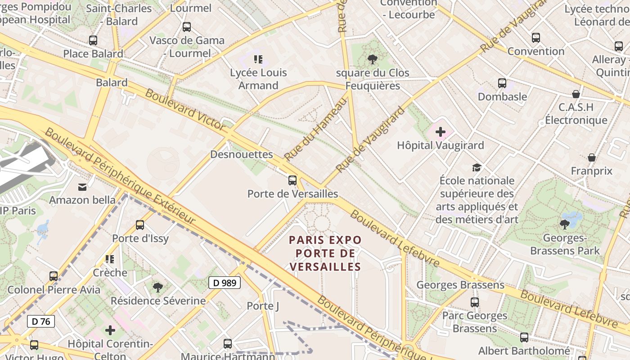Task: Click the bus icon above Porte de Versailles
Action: tap(292, 180)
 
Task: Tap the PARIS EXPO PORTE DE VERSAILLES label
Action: tap(325, 253)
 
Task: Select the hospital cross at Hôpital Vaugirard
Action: tap(441, 132)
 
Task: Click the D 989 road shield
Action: tap(225, 283)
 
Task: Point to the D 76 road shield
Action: tap(41, 321)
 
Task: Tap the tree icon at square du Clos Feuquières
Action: tap(372, 59)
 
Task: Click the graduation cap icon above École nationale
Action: tap(477, 168)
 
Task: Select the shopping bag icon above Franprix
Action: tap(592, 157)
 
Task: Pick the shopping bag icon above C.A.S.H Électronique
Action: tap(576, 94)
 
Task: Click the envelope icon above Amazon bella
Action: tap(82, 187)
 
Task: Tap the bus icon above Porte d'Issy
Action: tap(140, 225)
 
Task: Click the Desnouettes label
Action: tap(242, 154)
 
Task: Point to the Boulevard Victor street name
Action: tap(185, 110)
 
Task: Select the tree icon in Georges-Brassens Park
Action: tap(564, 224)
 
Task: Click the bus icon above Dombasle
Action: tap(502, 83)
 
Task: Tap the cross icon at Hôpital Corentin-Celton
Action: tap(110, 331)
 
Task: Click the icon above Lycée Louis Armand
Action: tap(258, 59)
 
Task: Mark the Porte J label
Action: tap(263, 306)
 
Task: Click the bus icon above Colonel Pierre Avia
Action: tap(54, 276)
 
